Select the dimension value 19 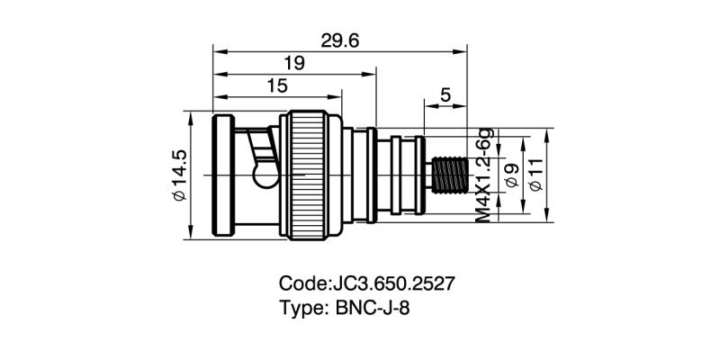point(293,63)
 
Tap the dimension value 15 point(277,85)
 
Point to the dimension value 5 point(445,95)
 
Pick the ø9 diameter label point(512,175)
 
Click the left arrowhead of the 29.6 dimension point(217,51)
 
